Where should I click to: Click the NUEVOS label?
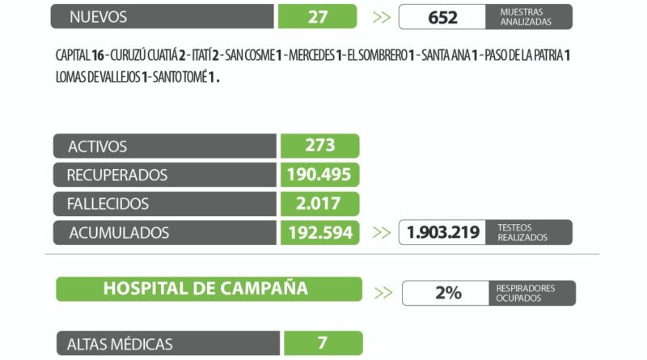point(98,17)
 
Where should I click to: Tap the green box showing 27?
point(317,17)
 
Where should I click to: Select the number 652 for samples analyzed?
point(442,17)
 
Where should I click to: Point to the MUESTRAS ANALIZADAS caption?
point(526,17)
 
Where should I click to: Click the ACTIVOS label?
point(97,146)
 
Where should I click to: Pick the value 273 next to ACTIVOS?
point(320,146)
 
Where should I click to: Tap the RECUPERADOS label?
point(117,175)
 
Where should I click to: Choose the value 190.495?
point(320,175)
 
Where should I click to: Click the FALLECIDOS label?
point(108,204)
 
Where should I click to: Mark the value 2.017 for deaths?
point(320,204)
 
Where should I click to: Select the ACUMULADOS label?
point(119,233)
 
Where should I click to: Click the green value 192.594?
point(320,233)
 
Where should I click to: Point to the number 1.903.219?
point(442,233)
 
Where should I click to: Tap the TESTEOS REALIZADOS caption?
point(522,233)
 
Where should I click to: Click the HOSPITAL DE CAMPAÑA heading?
point(205,289)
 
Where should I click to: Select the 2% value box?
point(446,293)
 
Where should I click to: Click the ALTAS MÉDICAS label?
point(121,344)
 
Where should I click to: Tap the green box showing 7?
point(322,343)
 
